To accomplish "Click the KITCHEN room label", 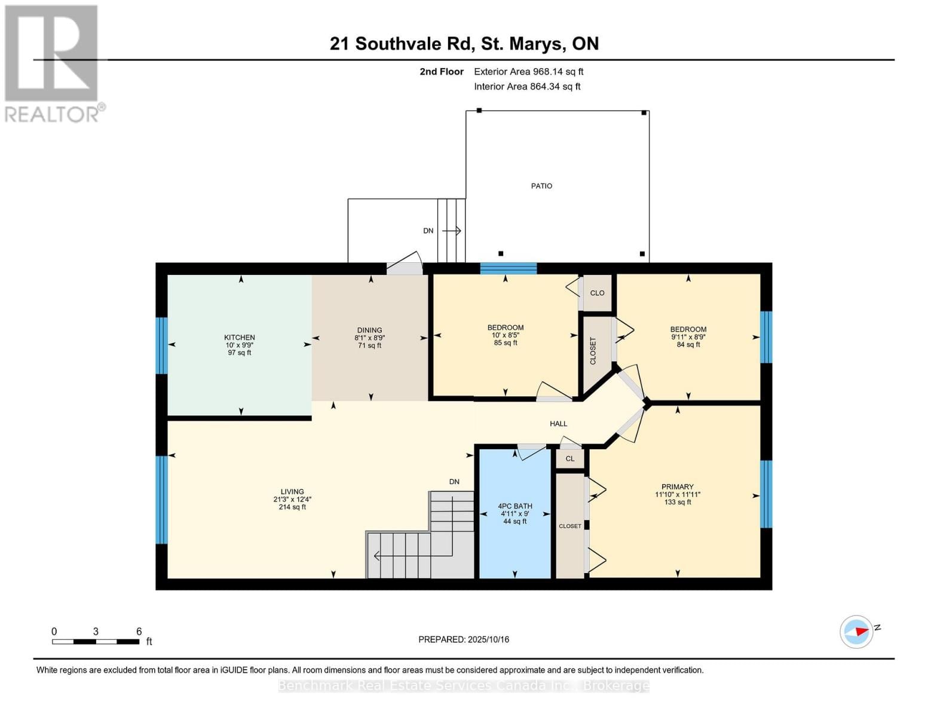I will tap(240, 338).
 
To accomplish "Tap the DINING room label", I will tap(369, 330).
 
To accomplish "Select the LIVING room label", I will tap(292, 492).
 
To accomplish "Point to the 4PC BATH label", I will tap(515, 506).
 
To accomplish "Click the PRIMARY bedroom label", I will tap(677, 487).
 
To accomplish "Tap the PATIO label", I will tap(541, 186).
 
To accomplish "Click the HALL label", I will tap(558, 424).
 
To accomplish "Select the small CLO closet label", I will tap(597, 293).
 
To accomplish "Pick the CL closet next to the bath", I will tap(570, 459).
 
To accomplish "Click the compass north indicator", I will tap(857, 632).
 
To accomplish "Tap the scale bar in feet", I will tap(96, 642).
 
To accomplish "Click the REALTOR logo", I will tap(53, 63).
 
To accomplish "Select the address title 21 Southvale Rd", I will tap(464, 44).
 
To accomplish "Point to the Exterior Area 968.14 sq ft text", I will tap(528, 72).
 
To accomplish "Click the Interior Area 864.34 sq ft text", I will tap(527, 87).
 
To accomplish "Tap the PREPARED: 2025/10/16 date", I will tap(464, 639).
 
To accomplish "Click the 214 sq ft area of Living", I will tap(292, 507).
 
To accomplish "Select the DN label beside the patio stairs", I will tap(428, 231).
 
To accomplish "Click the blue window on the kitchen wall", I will tap(161, 345).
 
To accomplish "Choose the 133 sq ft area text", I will tap(677, 502).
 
